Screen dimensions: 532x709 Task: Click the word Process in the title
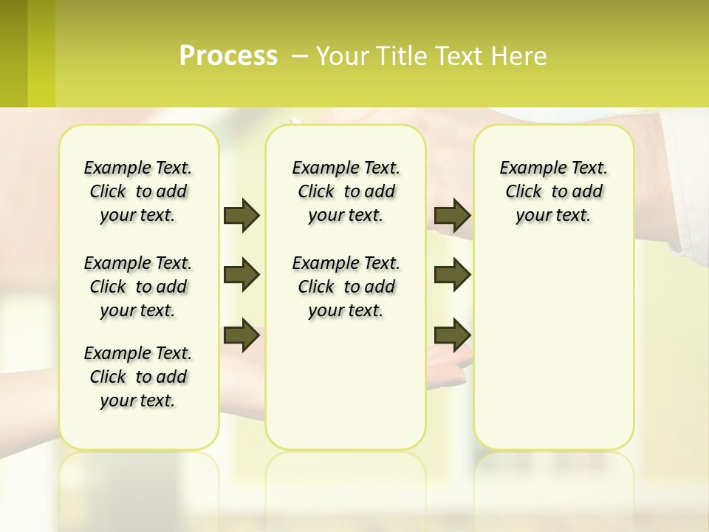(x=228, y=56)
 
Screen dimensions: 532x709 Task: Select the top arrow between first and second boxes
(x=242, y=216)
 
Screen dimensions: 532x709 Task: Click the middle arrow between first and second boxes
(x=242, y=275)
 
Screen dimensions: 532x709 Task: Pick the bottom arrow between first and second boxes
(x=242, y=335)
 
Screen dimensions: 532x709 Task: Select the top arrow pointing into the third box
(x=453, y=216)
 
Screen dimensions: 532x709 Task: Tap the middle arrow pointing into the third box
(x=453, y=275)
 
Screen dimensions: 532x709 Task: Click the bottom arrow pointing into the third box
(x=453, y=335)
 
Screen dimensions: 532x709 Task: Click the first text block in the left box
(x=138, y=191)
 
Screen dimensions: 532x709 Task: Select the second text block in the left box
(x=138, y=287)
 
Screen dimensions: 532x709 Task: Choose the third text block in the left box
(x=138, y=377)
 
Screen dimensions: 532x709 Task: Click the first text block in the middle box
(x=346, y=191)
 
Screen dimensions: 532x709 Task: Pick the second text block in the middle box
(x=346, y=287)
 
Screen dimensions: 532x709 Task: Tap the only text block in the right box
(x=553, y=191)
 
